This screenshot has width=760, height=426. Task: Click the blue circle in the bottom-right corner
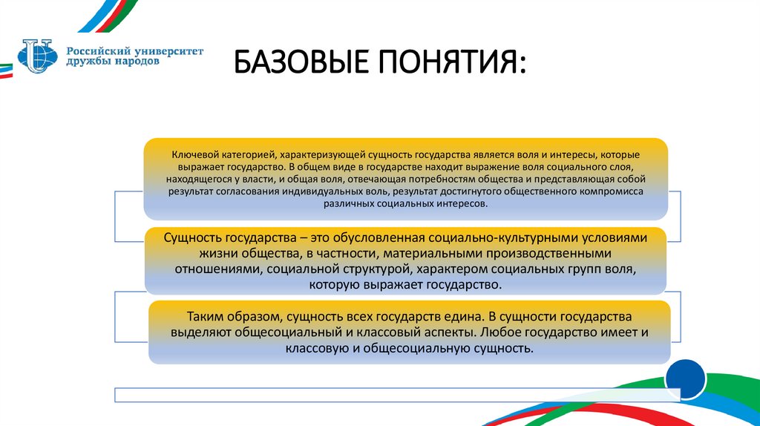(686, 379)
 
